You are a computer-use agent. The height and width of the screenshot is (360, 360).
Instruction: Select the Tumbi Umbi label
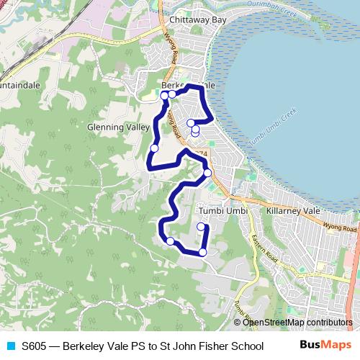click(x=222, y=210)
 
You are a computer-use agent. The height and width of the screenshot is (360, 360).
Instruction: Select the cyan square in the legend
click(x=9, y=345)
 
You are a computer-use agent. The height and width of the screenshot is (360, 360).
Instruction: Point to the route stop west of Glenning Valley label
click(x=154, y=148)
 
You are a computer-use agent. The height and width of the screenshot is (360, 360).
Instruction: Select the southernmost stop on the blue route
click(x=203, y=252)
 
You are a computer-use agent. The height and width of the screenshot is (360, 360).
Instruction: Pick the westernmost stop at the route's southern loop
click(x=171, y=241)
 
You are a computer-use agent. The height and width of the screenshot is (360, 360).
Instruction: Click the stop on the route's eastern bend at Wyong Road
click(x=207, y=173)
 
